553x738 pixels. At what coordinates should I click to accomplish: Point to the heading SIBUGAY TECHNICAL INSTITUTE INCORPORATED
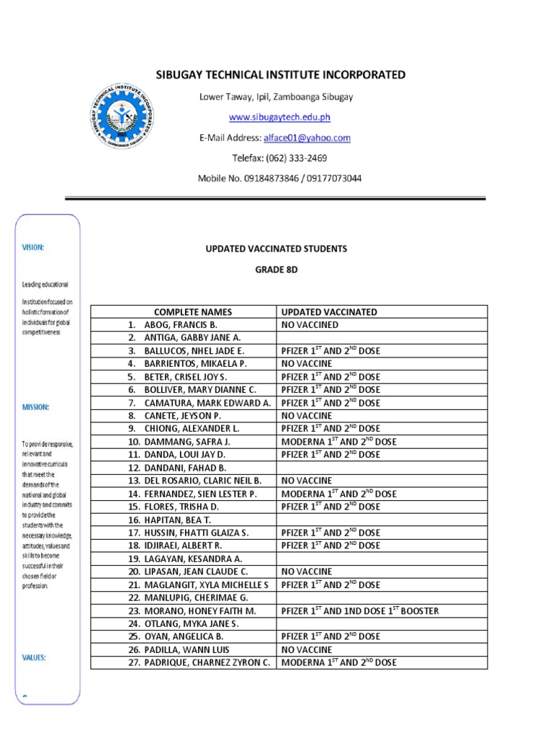point(281,75)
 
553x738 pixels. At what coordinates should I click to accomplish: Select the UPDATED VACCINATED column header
point(328,312)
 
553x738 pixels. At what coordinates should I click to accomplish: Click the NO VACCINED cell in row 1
point(310,325)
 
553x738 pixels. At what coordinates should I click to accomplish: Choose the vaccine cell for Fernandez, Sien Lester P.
point(338,494)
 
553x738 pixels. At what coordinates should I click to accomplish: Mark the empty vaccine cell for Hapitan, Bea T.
point(382,520)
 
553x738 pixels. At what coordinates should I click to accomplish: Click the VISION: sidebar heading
point(32,247)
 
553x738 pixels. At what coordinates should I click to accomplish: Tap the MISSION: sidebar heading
point(35,407)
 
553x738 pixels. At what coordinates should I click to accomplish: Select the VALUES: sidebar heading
point(34,657)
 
